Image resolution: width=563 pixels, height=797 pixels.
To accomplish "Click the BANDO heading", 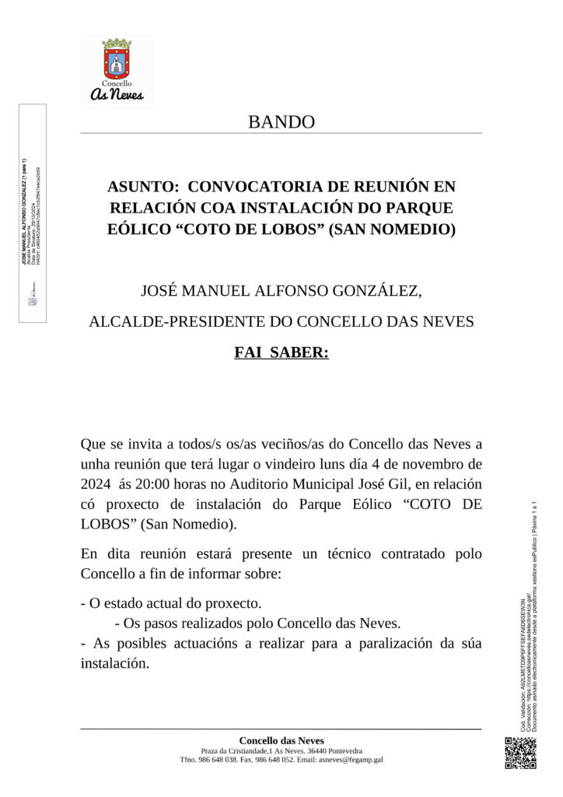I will (281, 122).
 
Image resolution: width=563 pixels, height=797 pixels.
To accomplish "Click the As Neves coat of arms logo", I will (117, 71).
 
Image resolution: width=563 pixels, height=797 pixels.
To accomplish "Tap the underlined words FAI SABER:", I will (281, 353).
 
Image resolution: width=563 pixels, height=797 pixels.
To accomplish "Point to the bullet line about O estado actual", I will (171, 603).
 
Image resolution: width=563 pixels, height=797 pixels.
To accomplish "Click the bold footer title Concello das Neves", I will (281, 740).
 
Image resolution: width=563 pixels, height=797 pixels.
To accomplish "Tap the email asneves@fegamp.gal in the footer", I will (350, 760).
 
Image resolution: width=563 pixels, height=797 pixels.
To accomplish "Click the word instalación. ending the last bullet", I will (114, 664).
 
